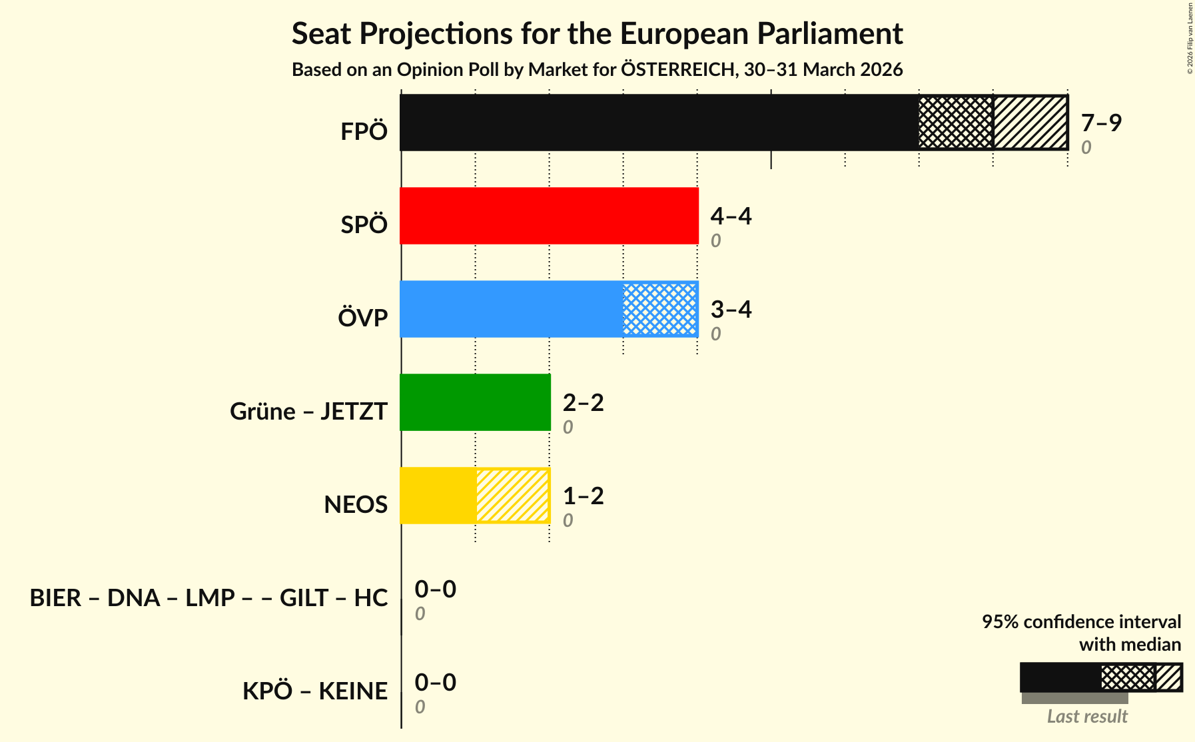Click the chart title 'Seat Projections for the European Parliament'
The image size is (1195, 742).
point(597,33)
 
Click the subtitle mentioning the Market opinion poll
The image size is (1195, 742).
point(597,70)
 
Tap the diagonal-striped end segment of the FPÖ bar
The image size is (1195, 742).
point(1030,123)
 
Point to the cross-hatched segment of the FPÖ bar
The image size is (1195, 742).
point(955,123)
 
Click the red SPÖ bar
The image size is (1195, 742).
point(549,216)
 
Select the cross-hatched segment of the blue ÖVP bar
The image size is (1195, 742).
point(660,309)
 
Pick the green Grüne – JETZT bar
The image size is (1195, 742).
point(475,402)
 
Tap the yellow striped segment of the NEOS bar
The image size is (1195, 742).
point(512,496)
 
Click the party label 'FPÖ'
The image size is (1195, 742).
point(364,132)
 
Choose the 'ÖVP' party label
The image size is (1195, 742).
point(362,318)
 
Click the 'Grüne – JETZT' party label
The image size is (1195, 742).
point(308,412)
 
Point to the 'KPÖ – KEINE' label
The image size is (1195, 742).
point(314,691)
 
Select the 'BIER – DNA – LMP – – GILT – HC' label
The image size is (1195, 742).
point(208,598)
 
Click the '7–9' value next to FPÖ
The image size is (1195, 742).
point(1101,123)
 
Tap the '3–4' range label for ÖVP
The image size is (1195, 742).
point(731,310)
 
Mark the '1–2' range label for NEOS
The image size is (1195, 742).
point(583,496)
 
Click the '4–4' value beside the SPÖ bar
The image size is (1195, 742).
point(731,216)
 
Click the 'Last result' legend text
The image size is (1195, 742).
point(1087,717)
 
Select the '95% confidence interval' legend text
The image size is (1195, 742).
point(1081,622)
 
